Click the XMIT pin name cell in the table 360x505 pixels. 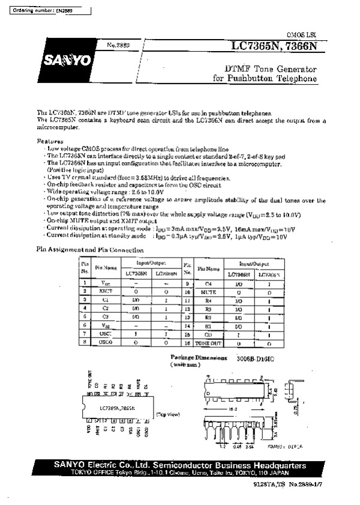click(x=106, y=290)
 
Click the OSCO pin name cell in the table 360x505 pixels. click(x=106, y=342)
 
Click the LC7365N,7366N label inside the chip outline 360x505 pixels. click(x=116, y=408)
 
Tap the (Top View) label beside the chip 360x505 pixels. click(x=169, y=414)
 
